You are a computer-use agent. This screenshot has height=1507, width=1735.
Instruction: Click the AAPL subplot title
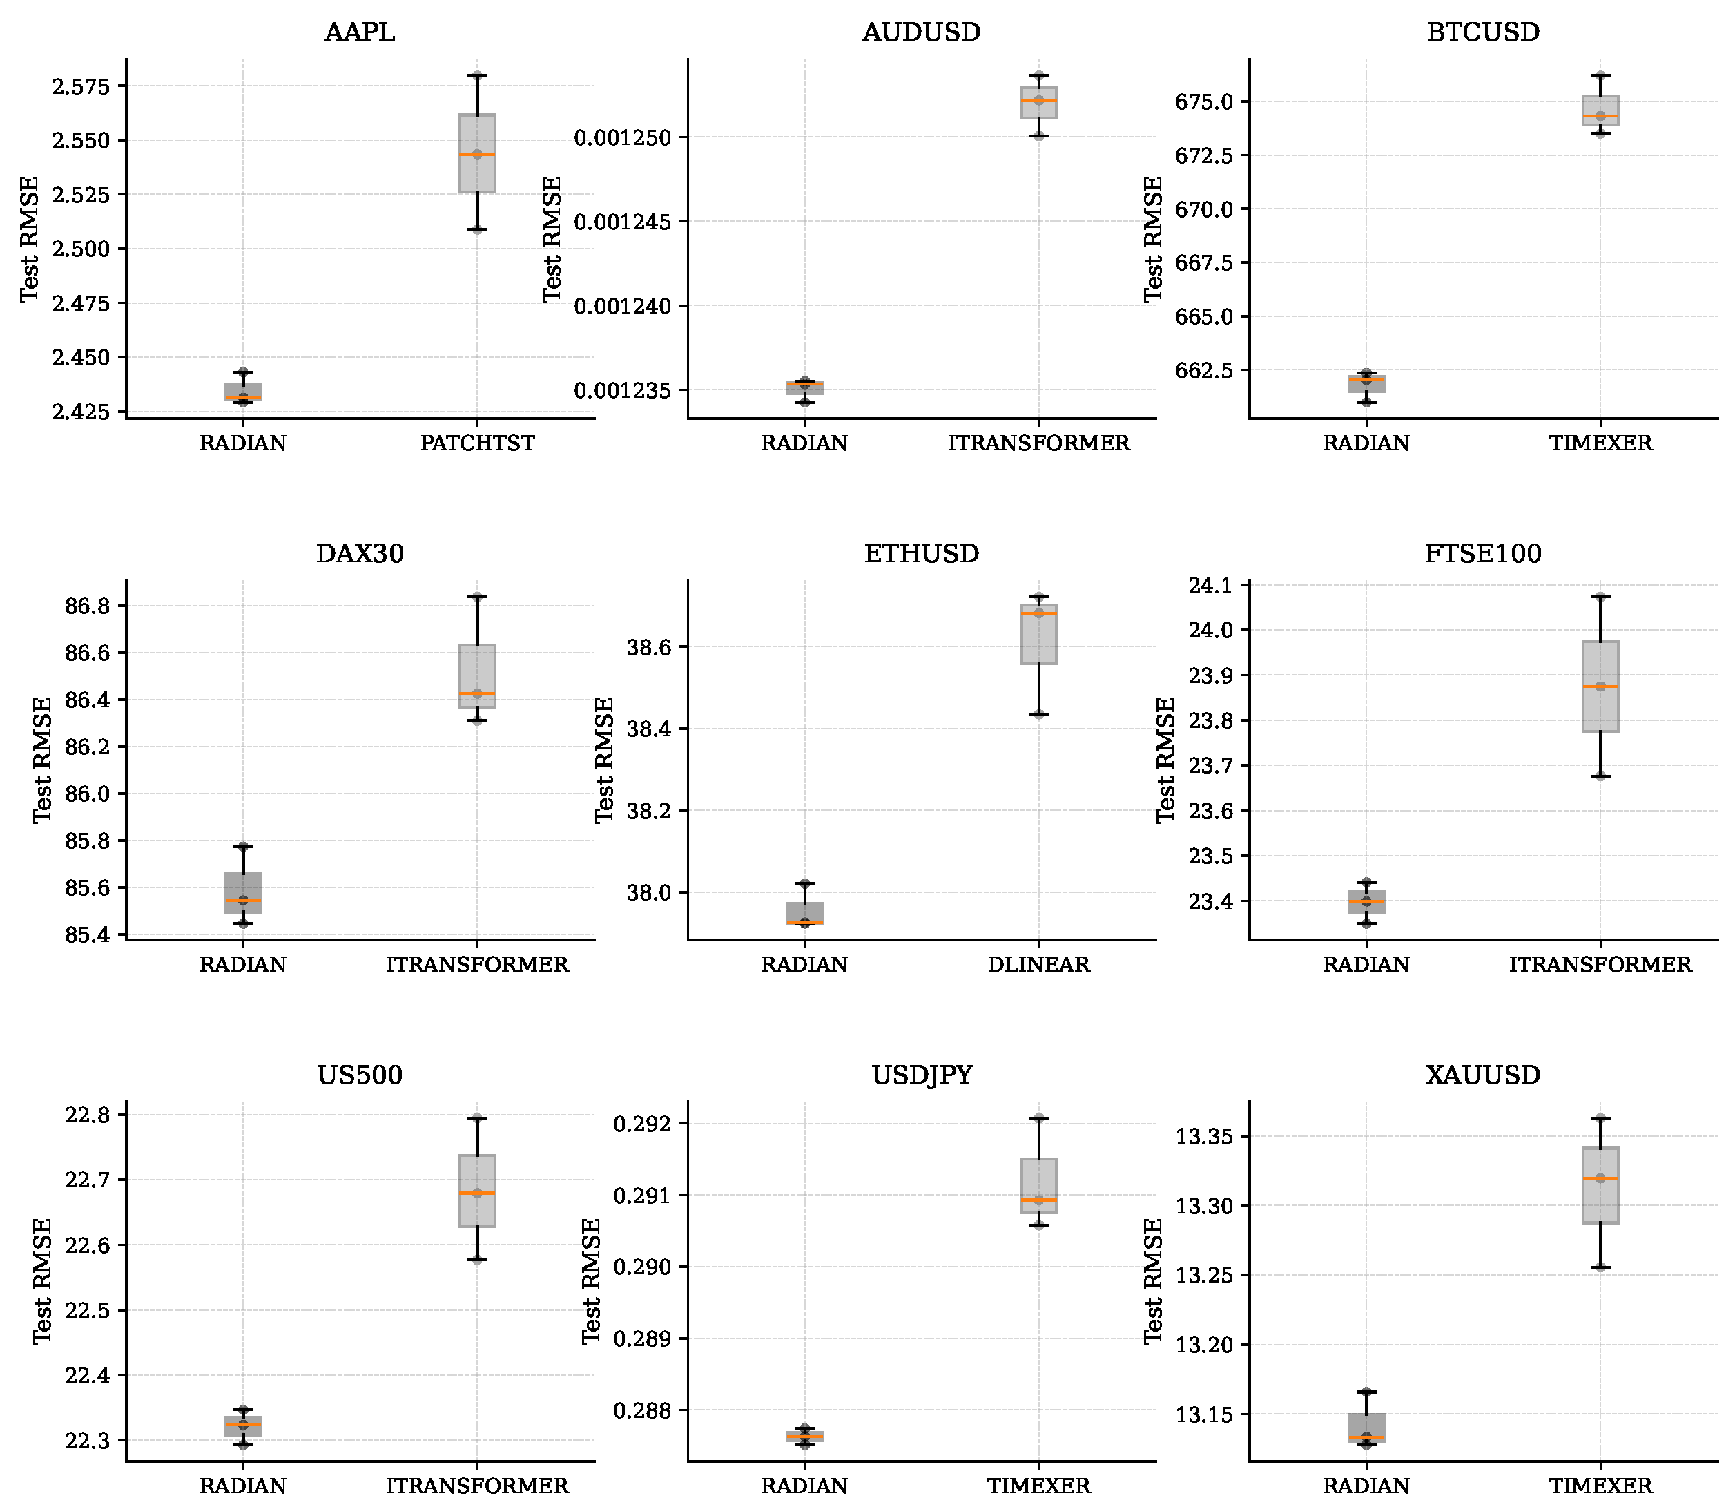[359, 32]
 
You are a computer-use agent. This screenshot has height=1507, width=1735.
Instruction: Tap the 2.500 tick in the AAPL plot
[81, 249]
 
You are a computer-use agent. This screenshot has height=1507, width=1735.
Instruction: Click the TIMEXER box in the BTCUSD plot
[1600, 111]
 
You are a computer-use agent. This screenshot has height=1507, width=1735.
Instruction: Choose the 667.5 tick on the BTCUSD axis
[1202, 263]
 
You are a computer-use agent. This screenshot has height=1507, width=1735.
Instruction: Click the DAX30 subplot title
[359, 553]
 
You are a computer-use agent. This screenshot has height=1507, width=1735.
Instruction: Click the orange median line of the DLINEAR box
[1038, 614]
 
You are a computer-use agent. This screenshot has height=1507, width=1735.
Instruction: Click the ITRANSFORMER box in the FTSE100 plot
[1600, 687]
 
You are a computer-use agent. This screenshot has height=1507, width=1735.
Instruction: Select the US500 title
[359, 1075]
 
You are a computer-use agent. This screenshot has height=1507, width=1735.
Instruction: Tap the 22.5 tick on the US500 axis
[88, 1310]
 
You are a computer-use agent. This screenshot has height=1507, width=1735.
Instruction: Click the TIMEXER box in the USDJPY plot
[1038, 1186]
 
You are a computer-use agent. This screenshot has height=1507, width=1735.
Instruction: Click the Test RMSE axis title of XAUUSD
[1152, 1280]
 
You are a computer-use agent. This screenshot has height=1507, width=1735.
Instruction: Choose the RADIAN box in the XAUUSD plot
[1366, 1427]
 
